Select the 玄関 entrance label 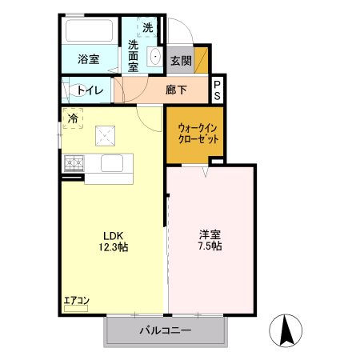click(180, 61)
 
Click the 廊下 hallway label click(176, 90)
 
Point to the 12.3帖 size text click(112, 247)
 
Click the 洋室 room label click(210, 235)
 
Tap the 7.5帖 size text click(210, 247)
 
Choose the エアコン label click(77, 301)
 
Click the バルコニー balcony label click(166, 330)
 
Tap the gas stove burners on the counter click(74, 163)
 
